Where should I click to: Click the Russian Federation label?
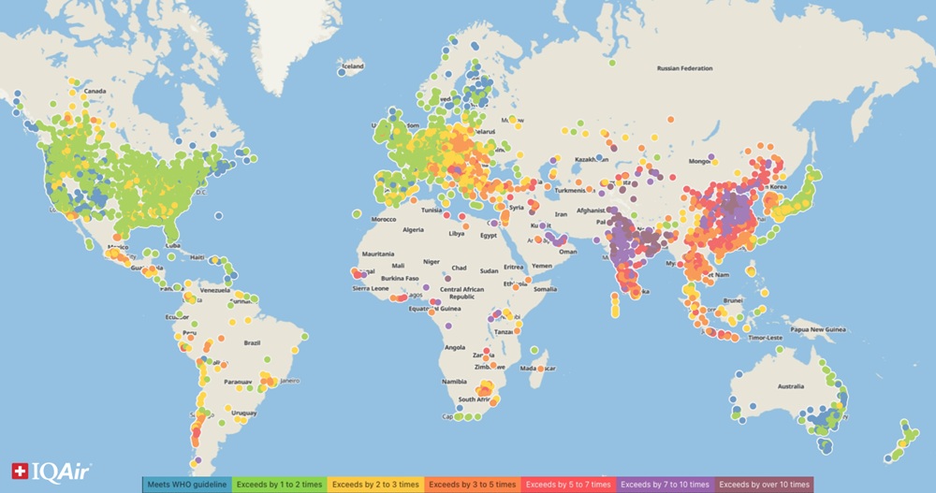coord(684,68)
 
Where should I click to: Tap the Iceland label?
coord(353,67)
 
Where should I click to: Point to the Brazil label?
coord(252,343)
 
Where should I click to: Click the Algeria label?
coord(414,229)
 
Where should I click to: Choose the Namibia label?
coord(456,383)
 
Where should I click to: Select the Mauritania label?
coord(378,254)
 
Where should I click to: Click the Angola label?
coord(456,347)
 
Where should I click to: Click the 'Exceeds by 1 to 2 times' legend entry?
coord(279,485)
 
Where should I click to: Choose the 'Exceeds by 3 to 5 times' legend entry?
coord(472,485)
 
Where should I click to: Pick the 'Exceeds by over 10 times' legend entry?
coord(764,485)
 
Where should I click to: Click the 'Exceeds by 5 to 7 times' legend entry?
coord(568,485)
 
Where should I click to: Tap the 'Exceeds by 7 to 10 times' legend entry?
coord(665,485)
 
